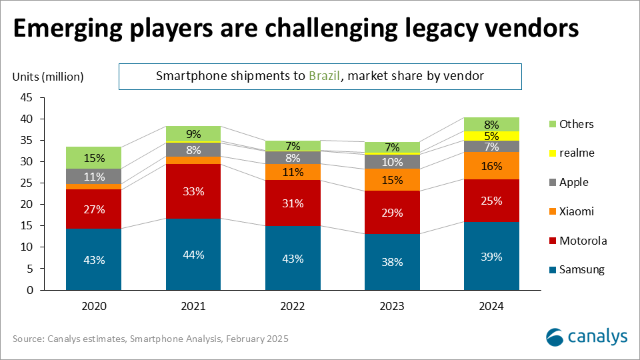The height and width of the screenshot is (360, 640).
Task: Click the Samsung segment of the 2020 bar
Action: pos(94,259)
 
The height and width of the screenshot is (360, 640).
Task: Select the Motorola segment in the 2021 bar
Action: pos(193,191)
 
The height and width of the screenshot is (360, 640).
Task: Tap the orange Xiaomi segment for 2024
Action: pos(491,166)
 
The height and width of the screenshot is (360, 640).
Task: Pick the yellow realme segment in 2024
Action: pos(491,136)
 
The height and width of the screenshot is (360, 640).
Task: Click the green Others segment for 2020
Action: pos(94,158)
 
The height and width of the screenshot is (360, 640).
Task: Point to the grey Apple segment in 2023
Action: pos(392,161)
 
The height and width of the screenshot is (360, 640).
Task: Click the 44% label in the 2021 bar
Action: pos(193,255)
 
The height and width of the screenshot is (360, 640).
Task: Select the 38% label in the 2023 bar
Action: pos(392,262)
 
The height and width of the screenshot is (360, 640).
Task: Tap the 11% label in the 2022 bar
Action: pos(293,172)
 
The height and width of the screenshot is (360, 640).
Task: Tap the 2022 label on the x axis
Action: pos(293,307)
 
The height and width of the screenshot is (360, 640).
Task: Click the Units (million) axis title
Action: pos(48,77)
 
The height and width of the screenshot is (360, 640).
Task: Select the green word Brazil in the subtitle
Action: pos(323,76)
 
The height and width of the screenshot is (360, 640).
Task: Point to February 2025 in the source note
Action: pos(256,339)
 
